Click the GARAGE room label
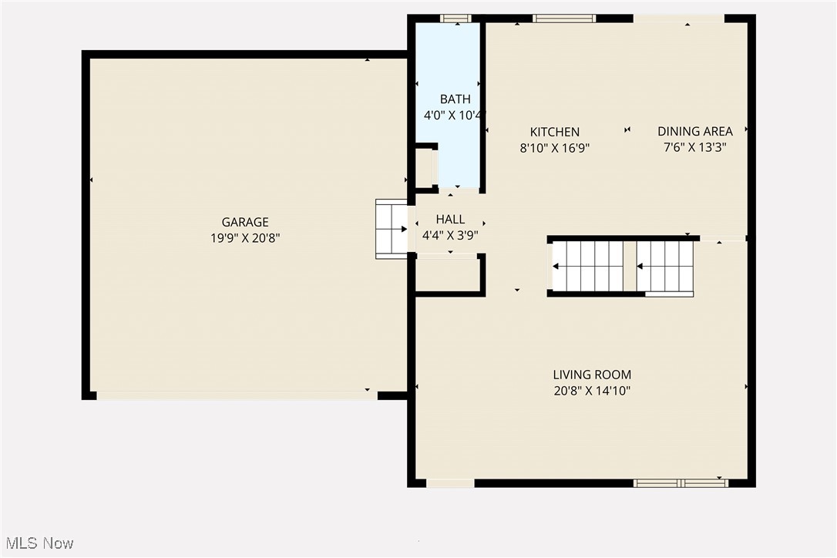[x=244, y=223]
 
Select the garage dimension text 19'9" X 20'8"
[x=244, y=239]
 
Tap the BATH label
[x=455, y=99]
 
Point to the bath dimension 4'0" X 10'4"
[x=455, y=116]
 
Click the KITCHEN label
[x=555, y=132]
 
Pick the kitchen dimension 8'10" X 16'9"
[x=555, y=148]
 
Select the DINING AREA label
[x=694, y=131]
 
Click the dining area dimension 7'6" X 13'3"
[x=694, y=147]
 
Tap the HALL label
[x=450, y=220]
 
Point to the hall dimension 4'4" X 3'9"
[x=450, y=236]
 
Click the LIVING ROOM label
[x=592, y=375]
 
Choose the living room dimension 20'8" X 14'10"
[x=592, y=392]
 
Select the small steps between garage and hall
[x=392, y=229]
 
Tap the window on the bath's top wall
[x=455, y=18]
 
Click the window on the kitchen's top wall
[x=564, y=18]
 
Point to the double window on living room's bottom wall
[x=681, y=483]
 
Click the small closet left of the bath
[x=425, y=168]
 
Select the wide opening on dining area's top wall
[x=678, y=18]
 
